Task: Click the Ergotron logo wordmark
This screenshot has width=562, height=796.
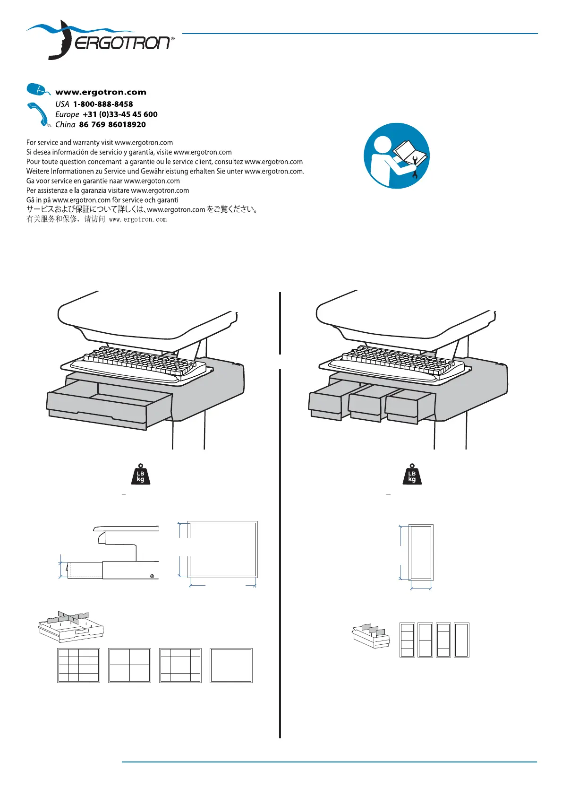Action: (123, 43)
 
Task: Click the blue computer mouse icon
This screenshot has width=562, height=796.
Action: (37, 89)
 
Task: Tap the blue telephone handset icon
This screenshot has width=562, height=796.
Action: (38, 114)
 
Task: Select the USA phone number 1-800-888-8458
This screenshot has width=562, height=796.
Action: (102, 104)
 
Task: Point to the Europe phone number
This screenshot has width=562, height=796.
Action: (120, 114)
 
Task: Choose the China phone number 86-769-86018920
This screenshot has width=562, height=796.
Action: (112, 125)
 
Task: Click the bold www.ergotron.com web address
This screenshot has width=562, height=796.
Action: (101, 92)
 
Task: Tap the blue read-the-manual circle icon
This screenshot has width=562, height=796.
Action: (396, 156)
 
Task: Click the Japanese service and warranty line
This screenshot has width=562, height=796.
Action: (142, 209)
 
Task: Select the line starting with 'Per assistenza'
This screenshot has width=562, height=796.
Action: (108, 190)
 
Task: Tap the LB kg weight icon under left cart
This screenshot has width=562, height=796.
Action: (140, 475)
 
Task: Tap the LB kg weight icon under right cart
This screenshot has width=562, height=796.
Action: (412, 475)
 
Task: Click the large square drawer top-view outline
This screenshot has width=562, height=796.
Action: (222, 549)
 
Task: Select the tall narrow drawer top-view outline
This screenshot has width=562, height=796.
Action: (420, 552)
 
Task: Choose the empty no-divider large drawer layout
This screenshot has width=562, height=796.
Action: (231, 666)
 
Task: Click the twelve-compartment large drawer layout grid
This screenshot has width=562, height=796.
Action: (78, 666)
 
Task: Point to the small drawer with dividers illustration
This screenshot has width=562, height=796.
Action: (371, 636)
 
